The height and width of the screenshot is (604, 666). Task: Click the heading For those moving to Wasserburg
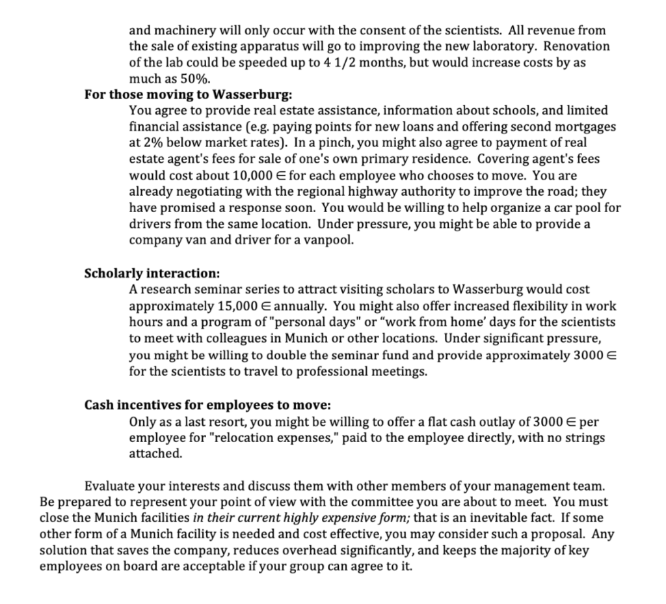click(x=189, y=94)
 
